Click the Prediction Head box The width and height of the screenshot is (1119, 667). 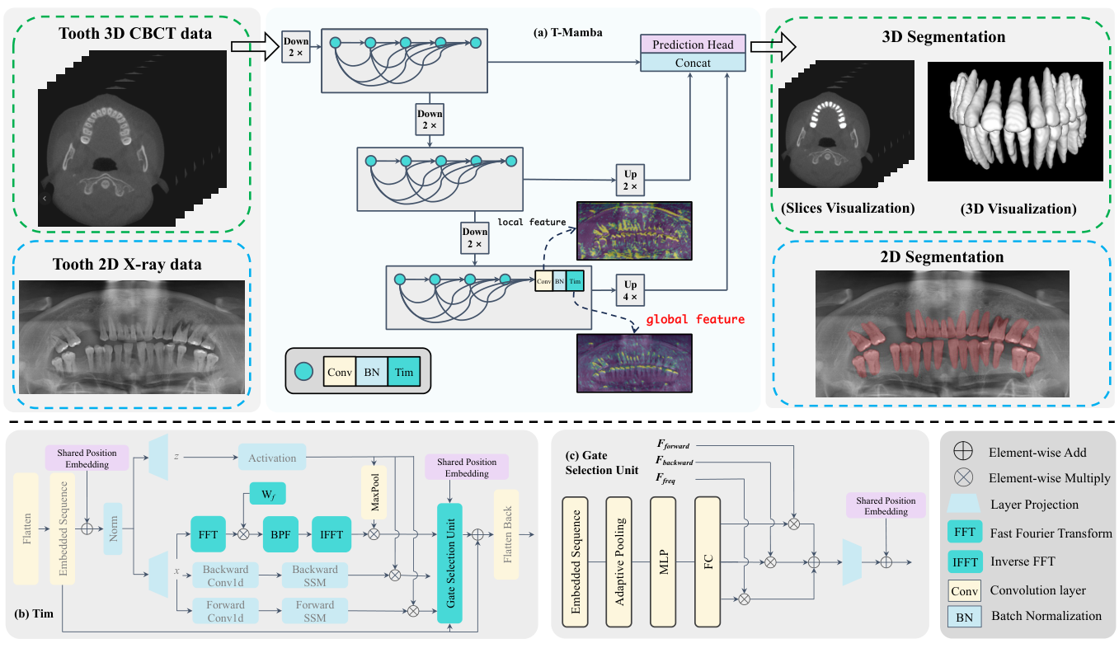693,45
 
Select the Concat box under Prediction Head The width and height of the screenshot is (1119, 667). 693,63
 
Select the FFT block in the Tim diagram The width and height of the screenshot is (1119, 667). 208,533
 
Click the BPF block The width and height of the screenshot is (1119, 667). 280,533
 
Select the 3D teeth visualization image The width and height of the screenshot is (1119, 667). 1015,121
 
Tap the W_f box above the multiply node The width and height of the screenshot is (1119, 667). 267,494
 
